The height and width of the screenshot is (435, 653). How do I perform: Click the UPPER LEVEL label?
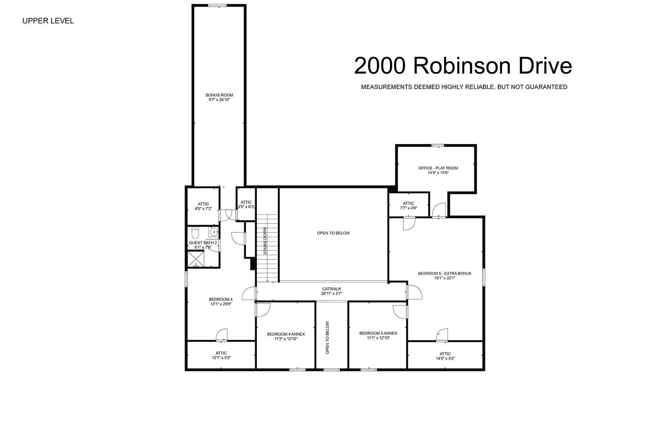pyautogui.click(x=48, y=21)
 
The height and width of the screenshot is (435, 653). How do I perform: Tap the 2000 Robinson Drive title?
pyautogui.click(x=463, y=66)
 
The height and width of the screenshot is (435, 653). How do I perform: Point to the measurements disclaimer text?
pyautogui.click(x=464, y=87)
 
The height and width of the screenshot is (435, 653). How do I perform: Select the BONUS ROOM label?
pyautogui.click(x=219, y=95)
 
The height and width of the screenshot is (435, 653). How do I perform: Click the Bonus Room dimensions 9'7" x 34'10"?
pyautogui.click(x=219, y=99)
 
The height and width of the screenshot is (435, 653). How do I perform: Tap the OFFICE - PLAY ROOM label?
pyautogui.click(x=438, y=168)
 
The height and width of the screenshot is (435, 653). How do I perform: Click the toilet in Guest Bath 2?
pyautogui.click(x=195, y=233)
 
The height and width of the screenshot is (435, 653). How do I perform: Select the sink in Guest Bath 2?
pyautogui.click(x=213, y=232)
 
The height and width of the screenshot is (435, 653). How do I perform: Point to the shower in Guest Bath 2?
pyautogui.click(x=196, y=259)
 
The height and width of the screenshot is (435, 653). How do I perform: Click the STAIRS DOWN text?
pyautogui.click(x=265, y=241)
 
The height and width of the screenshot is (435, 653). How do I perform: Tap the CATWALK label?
pyautogui.click(x=331, y=289)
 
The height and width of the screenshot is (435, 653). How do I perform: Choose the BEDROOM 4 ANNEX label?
pyautogui.click(x=286, y=334)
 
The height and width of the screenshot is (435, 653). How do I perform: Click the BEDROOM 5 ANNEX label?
pyautogui.click(x=378, y=333)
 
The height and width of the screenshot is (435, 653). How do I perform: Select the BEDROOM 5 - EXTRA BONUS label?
pyautogui.click(x=445, y=273)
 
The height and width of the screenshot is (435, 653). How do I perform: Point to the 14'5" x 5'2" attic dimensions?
pyautogui.click(x=445, y=358)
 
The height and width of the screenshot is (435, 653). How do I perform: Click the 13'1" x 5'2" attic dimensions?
pyautogui.click(x=221, y=358)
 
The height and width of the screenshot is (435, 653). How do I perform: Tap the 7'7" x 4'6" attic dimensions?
pyautogui.click(x=408, y=208)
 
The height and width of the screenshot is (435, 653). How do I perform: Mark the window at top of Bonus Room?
pyautogui.click(x=217, y=5)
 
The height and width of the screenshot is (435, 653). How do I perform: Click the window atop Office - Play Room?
pyautogui.click(x=438, y=145)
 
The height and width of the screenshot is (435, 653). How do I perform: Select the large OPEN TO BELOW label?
pyautogui.click(x=333, y=233)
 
